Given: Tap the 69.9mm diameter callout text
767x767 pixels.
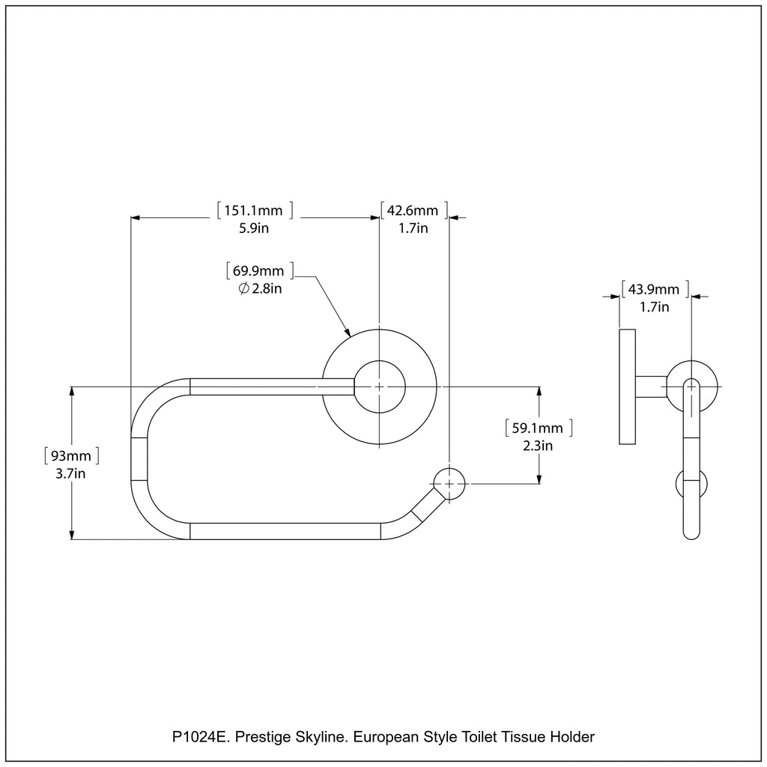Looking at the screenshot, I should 259,270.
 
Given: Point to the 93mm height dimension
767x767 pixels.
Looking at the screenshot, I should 71,455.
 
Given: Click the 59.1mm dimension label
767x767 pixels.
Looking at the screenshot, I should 538,428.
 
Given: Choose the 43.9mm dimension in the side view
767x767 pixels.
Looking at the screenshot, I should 655,288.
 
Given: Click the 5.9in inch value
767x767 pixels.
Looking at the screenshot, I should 253,228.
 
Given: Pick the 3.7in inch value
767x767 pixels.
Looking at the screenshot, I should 71,473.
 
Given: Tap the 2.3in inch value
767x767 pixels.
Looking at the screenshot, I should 538,446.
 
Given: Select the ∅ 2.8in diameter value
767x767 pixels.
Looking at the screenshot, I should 260,289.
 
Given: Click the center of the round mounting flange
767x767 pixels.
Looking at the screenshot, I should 379,386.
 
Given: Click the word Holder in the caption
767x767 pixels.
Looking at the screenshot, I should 574,737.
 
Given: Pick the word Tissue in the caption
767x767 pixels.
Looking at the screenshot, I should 528,737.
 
